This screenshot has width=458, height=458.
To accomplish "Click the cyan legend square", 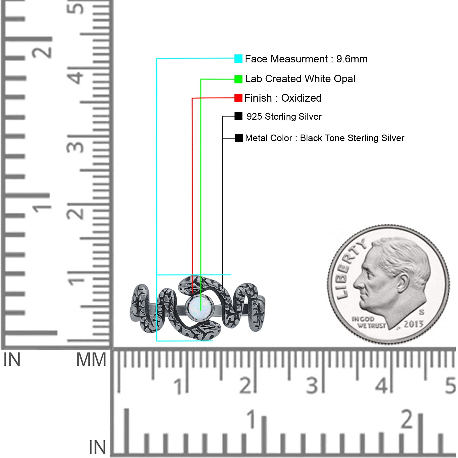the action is coord(238,59).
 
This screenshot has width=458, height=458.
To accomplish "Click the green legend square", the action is coord(238,79).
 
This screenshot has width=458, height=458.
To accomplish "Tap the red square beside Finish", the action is coord(238,98).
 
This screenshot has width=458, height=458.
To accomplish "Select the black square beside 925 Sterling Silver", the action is coord(238,116).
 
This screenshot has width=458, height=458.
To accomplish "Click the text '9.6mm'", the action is coord(352,59).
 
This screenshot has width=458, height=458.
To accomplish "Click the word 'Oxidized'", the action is coord(301,98).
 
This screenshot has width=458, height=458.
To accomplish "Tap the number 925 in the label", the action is coord(254,117).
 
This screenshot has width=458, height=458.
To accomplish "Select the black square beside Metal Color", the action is coord(238,138).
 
